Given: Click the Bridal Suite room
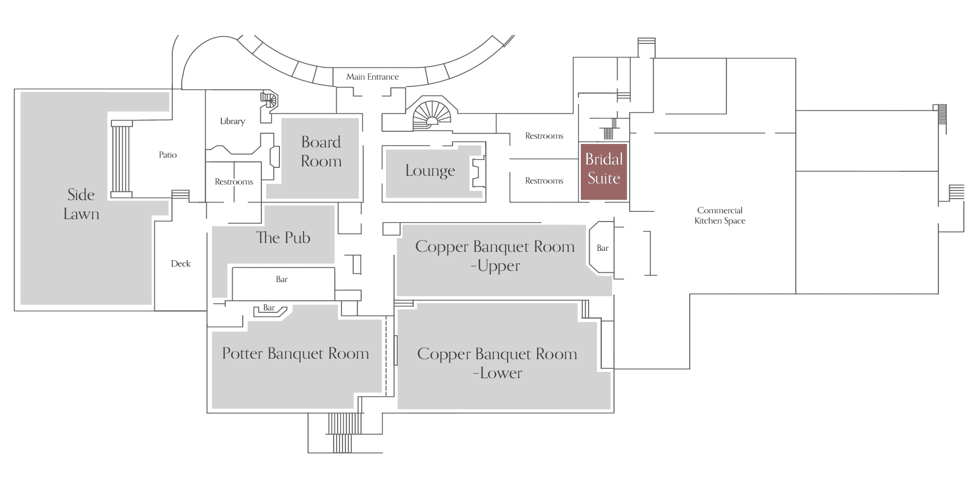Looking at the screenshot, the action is point(604,172).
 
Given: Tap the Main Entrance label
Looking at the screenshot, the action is point(372,77).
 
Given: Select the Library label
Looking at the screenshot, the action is point(233,121).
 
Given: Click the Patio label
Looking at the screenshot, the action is point(168,155).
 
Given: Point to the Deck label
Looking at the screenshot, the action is point(181,264).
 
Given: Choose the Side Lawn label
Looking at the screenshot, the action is point(81,204).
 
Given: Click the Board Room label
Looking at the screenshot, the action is point(321,151).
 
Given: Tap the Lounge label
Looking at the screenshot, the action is point(430,170).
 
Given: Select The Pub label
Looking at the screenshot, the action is point(283,238).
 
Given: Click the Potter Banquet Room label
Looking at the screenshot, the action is point(296,353).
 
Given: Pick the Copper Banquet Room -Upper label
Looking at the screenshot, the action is point(495,256).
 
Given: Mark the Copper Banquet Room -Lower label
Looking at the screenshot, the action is point(497,364).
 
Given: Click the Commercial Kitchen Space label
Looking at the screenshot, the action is point(720,215).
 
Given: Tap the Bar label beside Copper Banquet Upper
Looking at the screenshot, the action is point(602,248).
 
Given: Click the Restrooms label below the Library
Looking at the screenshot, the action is point(234,182).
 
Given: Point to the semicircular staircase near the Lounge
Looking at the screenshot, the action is point(432,115).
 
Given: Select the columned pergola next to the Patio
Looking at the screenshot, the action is point(121,159).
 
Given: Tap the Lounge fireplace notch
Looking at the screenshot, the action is point(478,172).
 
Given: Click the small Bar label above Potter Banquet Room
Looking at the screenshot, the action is point(269,308).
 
